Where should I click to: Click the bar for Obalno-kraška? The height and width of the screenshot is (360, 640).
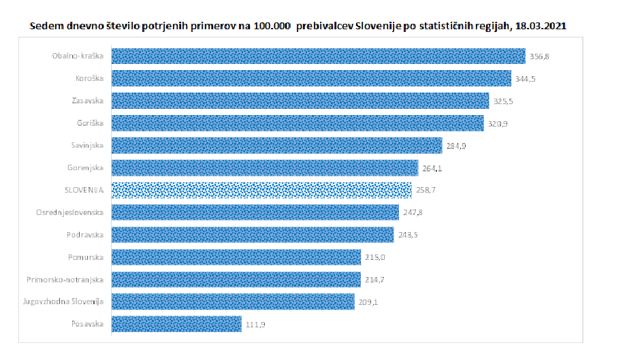tap(318, 56)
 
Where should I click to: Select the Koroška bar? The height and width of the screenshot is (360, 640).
tap(310, 78)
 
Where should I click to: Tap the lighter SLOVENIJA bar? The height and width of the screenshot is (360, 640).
tap(261, 190)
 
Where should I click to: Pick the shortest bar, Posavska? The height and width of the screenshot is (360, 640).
tap(176, 323)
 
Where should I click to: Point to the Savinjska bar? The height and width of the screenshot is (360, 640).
tap(276, 146)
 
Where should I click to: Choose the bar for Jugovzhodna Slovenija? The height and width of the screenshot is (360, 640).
tap(232, 301)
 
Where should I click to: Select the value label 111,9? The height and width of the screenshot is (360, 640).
tap(255, 324)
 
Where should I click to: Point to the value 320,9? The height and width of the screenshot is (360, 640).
tap(497, 123)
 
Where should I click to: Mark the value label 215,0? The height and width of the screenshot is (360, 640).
tap(374, 257)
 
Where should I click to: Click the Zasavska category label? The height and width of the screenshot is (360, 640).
tap(87, 101)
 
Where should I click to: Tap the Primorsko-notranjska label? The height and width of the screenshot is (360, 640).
tap(65, 280)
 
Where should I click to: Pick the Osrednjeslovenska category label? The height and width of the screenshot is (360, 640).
tap(69, 212)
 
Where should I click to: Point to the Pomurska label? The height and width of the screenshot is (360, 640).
tap(86, 257)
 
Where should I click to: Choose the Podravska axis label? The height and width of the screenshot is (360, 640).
tap(86, 235)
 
